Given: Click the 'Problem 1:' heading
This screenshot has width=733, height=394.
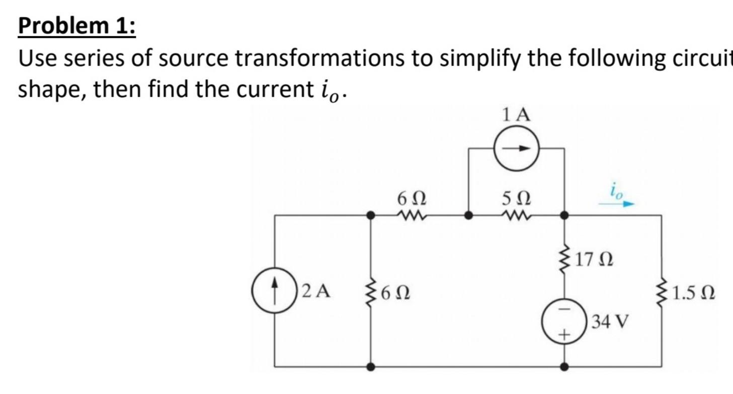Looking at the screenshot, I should [77, 26].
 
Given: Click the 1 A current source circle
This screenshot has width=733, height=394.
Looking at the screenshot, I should [516, 149].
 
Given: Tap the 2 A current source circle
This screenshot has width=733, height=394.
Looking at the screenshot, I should [274, 292].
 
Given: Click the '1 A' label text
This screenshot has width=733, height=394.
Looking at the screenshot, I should [516, 115].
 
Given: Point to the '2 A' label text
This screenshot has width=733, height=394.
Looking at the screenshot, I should [316, 291].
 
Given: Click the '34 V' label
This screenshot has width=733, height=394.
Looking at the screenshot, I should [610, 321].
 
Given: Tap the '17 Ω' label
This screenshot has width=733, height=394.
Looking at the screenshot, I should [594, 260].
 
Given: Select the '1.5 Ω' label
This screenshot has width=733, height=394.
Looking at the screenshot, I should [693, 292].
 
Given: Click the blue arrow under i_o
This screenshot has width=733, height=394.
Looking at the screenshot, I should [616, 205].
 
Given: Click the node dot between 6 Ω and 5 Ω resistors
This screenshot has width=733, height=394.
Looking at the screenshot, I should [469, 215].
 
